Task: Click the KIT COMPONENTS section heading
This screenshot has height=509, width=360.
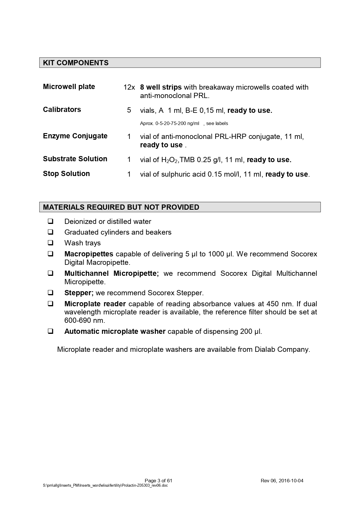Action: point(76,63)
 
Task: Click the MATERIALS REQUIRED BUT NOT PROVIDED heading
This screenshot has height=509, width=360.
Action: point(121,207)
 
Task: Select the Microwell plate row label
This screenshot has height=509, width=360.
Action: point(69,87)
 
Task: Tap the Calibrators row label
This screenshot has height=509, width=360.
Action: point(62,110)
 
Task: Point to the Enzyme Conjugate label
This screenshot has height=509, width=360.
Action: point(75,136)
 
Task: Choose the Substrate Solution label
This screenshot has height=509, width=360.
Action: point(75,159)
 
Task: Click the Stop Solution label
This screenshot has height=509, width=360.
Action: point(66,174)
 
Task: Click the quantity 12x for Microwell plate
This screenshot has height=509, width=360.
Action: point(129,87)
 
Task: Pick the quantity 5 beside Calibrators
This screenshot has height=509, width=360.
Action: point(129,110)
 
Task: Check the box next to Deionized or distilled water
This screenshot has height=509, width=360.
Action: point(50,221)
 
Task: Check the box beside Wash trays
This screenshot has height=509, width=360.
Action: point(50,243)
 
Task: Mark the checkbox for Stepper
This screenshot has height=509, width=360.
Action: point(50,293)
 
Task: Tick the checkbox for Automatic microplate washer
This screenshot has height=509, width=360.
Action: point(50,331)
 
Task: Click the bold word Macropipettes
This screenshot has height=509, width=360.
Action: point(89,254)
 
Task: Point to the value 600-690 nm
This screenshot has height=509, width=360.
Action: point(85,320)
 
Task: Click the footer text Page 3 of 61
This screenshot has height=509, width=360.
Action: point(158,481)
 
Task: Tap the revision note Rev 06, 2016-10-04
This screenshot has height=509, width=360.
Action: point(282,481)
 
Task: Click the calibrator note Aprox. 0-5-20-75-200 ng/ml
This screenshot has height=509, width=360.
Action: point(169,124)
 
